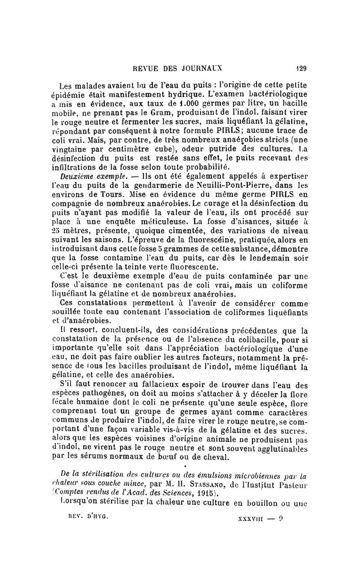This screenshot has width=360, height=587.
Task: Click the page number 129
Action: click(x=300, y=69)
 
